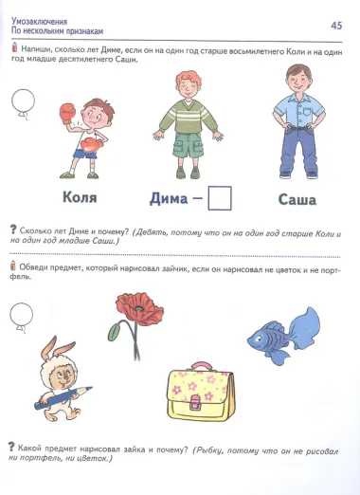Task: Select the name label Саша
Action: [297, 199]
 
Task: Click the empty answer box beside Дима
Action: [219, 198]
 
